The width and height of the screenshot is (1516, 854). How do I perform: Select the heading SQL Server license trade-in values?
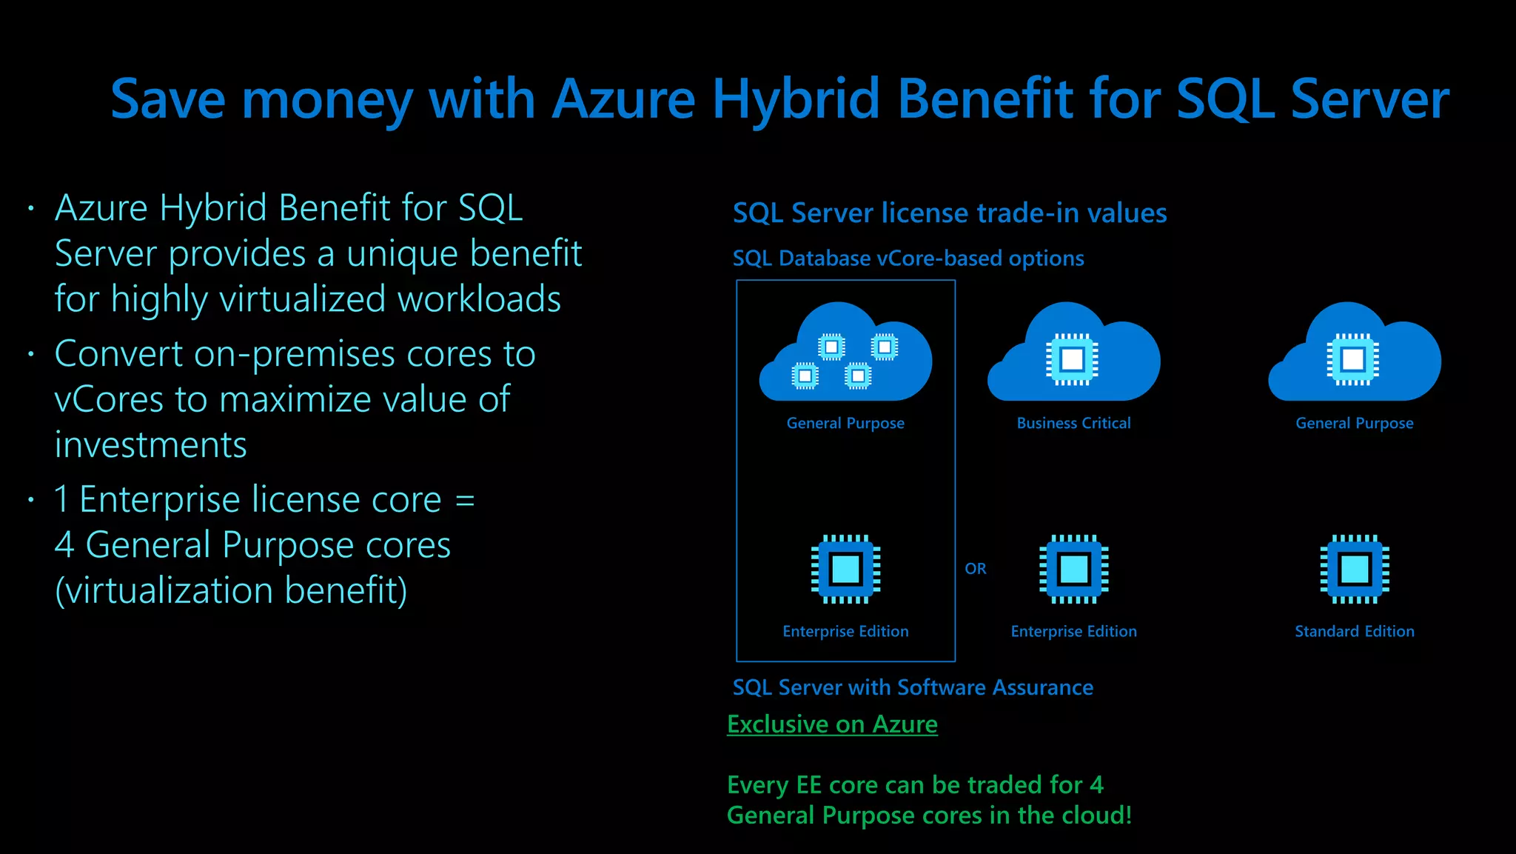[950, 213]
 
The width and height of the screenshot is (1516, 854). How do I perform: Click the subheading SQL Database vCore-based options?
[908, 258]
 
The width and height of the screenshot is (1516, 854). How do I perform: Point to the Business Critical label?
[1073, 423]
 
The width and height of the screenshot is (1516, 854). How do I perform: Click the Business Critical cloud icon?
[1073, 356]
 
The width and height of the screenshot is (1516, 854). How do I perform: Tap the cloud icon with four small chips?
[845, 356]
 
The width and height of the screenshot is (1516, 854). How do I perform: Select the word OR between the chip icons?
[976, 569]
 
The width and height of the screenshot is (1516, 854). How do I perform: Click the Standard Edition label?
[1354, 631]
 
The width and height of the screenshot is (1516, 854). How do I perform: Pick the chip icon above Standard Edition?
[1354, 569]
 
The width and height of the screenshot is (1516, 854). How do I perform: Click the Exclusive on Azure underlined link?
[832, 724]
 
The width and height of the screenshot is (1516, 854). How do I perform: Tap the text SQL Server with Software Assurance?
[913, 687]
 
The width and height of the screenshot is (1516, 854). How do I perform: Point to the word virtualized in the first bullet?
[303, 299]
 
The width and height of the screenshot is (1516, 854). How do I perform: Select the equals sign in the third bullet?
[465, 500]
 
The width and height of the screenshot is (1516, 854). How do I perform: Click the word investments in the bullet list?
[150, 445]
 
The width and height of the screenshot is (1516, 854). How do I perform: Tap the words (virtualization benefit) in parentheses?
[231, 590]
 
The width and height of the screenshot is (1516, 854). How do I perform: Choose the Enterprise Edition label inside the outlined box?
[845, 631]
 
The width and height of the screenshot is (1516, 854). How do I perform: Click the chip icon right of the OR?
[1073, 569]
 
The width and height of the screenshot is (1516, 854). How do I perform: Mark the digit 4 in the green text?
[1096, 784]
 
